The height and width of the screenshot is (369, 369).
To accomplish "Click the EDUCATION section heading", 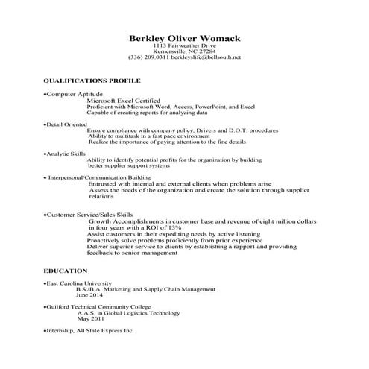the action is [66, 271].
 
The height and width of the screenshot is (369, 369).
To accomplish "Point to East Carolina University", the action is [78, 284].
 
